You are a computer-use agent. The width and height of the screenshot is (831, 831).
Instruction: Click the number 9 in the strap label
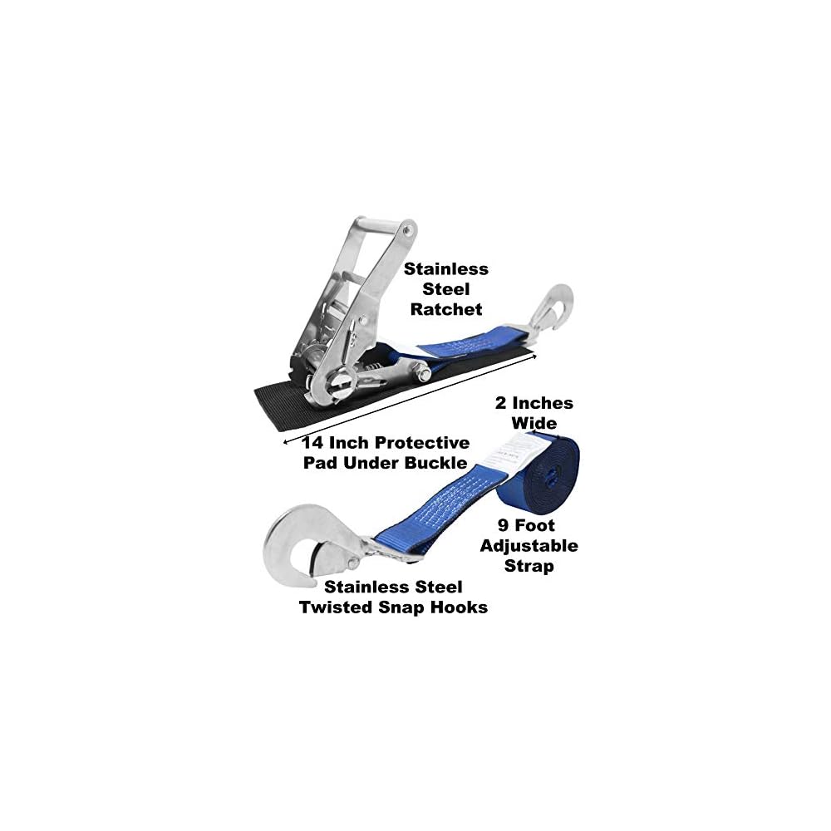click(507, 525)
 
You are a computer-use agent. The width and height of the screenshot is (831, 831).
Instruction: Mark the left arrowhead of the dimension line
click(287, 440)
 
